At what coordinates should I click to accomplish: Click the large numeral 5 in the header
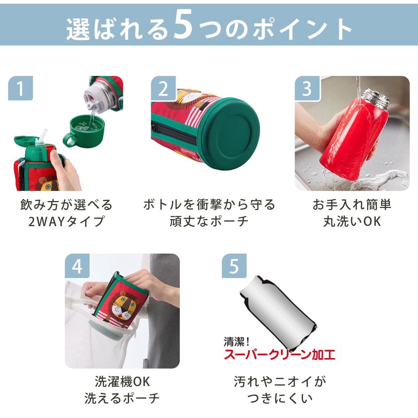pos(183,24)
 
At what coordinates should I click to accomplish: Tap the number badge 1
pos(21,88)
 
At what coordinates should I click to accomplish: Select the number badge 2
pos(163,88)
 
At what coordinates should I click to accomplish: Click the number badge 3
pos(307,88)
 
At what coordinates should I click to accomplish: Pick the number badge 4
pos(77,266)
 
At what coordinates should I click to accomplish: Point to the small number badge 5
pos(234,266)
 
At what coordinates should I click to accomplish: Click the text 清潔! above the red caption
pos(237,342)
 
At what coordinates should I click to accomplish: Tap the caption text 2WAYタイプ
pos(67,222)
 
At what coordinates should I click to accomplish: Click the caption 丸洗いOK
pos(352,222)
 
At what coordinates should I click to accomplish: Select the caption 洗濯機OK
pos(122,382)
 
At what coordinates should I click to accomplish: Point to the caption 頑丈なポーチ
pos(209,222)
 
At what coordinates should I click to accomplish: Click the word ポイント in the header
pos(303,29)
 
